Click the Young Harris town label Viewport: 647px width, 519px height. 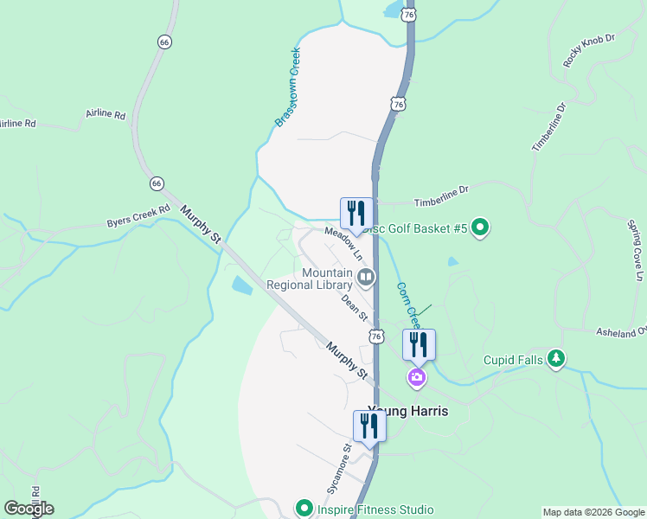point(408,411)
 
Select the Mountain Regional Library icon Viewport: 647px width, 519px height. point(366,278)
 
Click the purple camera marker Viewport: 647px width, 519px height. point(417,377)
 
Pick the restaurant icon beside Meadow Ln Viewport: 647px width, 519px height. point(356,213)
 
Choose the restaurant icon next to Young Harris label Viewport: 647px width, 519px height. point(369,425)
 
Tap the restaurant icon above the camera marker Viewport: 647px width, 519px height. point(419,344)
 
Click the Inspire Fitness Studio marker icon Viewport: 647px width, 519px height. point(303,509)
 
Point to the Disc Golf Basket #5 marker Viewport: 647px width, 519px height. point(480,227)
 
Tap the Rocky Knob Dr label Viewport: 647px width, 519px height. point(588,50)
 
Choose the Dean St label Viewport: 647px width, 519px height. point(355,305)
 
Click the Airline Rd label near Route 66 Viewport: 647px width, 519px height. point(106,114)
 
